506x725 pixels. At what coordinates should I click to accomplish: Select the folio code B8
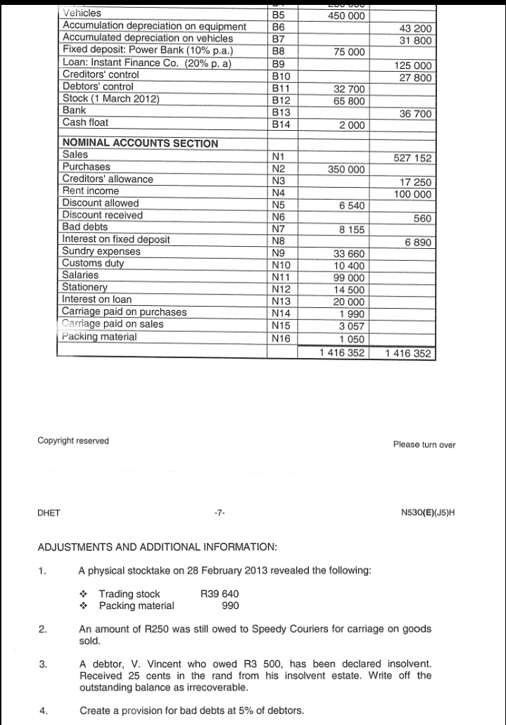tap(280, 51)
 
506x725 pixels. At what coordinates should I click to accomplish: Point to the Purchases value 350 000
tap(346, 169)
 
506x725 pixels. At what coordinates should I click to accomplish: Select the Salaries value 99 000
tap(349, 278)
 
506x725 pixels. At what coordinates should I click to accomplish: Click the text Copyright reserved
tap(72, 441)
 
